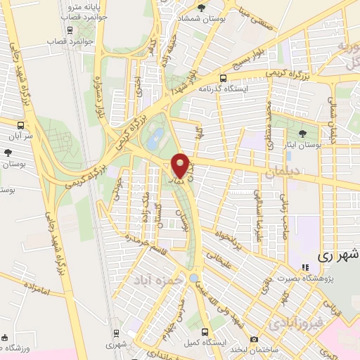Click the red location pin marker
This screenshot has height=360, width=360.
click(180, 165)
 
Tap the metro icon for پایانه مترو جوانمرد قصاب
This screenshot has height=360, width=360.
click(69, 30)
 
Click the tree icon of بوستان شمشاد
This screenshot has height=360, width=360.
click(202, 8)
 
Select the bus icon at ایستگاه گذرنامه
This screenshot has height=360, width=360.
click(223, 79)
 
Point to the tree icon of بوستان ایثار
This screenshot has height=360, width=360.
click(302, 133)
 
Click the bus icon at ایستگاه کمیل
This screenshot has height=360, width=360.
click(205, 331)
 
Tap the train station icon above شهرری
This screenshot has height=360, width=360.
click(115, 334)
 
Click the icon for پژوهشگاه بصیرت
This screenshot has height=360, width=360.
click(305, 267)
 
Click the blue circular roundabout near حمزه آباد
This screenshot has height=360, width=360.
click(193, 278)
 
